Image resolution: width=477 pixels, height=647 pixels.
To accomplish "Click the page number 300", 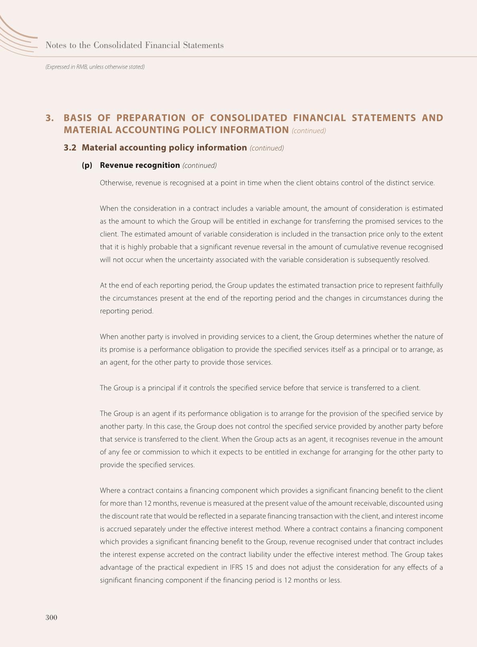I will tap(51, 617).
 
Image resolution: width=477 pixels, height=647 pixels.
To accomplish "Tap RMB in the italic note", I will tap(82, 67).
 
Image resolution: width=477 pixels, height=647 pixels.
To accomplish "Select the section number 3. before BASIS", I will tap(50, 118).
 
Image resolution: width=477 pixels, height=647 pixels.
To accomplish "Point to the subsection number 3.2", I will tap(70, 147).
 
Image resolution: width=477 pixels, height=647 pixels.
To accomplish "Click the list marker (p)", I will tap(87, 165).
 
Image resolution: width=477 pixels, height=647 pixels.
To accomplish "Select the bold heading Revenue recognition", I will tap(139, 165).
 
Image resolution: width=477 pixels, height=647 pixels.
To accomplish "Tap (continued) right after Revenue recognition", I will tap(200, 165).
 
